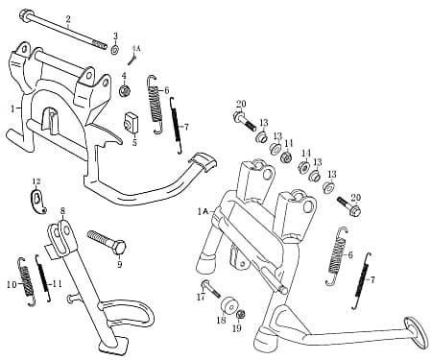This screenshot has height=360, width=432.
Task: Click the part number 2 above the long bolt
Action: click(x=68, y=19)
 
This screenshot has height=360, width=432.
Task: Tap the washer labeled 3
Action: click(x=115, y=49)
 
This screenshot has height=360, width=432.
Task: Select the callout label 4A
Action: click(x=136, y=47)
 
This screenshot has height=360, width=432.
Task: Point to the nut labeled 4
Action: click(x=125, y=91)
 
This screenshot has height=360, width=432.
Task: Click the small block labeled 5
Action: click(x=132, y=122)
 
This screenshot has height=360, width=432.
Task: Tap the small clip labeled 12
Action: click(x=38, y=200)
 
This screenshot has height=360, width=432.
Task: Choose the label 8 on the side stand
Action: click(x=62, y=210)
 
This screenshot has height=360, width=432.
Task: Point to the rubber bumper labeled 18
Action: click(x=230, y=307)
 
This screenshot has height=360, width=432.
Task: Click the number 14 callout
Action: click(x=306, y=153)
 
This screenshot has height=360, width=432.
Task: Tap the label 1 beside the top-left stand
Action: click(x=12, y=108)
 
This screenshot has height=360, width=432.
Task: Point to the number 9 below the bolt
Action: click(x=120, y=264)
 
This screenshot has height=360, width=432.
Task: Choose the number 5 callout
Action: click(x=134, y=142)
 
